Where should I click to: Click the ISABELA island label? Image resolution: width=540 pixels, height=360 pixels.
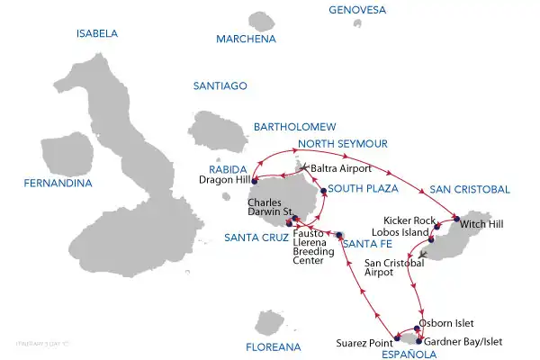click(x=97, y=33)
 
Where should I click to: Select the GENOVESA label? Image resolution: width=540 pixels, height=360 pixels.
click(x=357, y=11)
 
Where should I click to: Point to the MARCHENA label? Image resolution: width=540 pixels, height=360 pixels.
click(x=250, y=40)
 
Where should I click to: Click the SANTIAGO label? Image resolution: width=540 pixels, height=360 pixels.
click(x=220, y=86)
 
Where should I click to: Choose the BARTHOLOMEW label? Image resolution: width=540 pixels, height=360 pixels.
click(x=294, y=127)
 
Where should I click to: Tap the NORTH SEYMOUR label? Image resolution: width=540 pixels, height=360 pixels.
click(x=342, y=144)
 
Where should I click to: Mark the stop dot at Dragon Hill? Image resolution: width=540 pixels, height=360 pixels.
click(x=256, y=178)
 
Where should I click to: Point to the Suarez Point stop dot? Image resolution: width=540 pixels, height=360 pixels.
click(x=395, y=340)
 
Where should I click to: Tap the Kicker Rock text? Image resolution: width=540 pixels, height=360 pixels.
click(x=409, y=220)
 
